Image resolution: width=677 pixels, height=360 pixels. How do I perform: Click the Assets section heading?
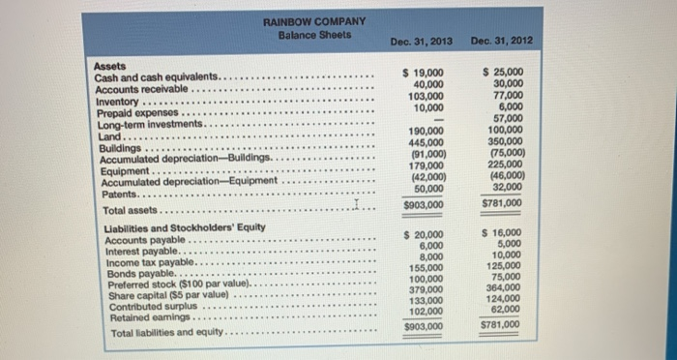110,66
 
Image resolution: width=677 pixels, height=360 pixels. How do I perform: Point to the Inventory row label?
118,101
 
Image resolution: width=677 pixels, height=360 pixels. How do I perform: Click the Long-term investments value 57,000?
508,119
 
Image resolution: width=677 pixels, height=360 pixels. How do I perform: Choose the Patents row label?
118,193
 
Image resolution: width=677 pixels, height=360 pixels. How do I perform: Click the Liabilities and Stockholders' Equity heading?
172,226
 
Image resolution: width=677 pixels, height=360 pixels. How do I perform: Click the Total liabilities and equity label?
165,333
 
